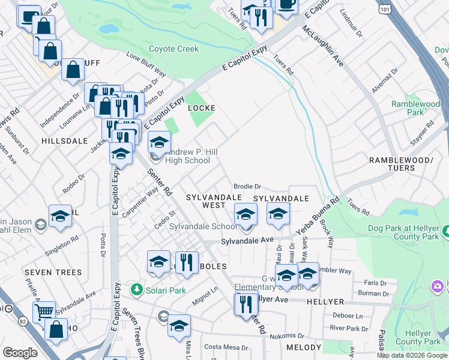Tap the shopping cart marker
(x=44, y=311)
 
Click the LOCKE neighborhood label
(x=202, y=108)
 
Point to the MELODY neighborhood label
(x=304, y=348)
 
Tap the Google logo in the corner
(x=20, y=353)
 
